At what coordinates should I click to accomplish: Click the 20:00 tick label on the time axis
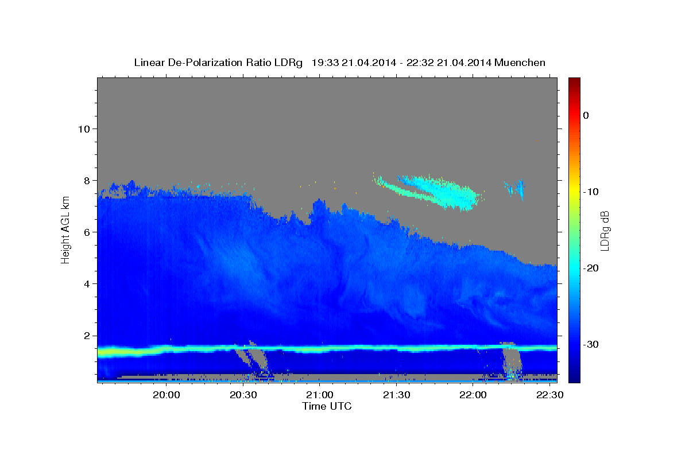(x=167, y=395)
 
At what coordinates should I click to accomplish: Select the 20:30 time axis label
(x=243, y=395)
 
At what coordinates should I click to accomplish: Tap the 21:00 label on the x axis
(x=320, y=395)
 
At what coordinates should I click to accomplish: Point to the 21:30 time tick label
(x=397, y=395)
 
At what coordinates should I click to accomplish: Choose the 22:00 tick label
(x=473, y=395)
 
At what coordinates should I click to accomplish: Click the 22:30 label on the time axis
(x=550, y=395)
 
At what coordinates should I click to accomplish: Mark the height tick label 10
(x=84, y=129)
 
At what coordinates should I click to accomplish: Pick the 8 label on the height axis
(x=87, y=181)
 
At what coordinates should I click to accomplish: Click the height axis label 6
(x=87, y=232)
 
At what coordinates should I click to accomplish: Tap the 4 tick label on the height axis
(x=87, y=284)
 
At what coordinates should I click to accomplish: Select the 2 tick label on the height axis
(x=87, y=336)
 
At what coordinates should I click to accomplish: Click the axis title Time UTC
(x=327, y=406)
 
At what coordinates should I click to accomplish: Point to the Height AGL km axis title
(x=65, y=230)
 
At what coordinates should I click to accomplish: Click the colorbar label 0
(x=586, y=115)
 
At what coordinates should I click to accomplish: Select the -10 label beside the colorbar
(x=591, y=192)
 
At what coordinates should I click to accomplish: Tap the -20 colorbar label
(x=591, y=268)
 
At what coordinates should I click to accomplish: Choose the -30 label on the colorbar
(x=591, y=344)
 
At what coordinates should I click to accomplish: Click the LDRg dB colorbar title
(x=605, y=231)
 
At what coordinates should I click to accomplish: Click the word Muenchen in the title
(x=520, y=63)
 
